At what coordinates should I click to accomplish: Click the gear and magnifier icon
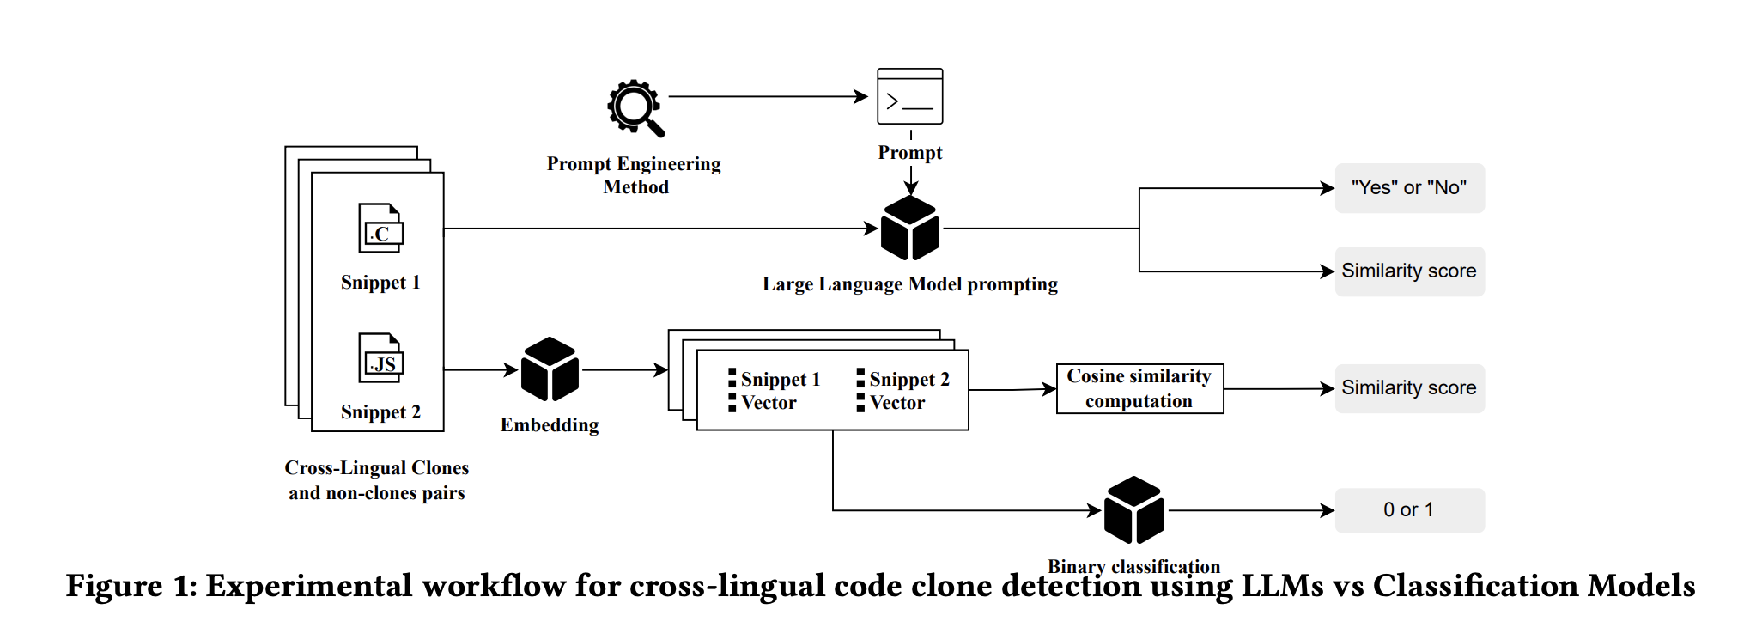pos(635,108)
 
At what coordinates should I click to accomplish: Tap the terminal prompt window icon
pos(909,96)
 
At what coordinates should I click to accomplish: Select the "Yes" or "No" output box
pos(1408,188)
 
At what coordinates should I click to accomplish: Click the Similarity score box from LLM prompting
pos(1408,271)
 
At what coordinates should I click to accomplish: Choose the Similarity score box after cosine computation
pos(1408,388)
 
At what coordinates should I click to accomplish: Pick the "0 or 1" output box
pos(1408,510)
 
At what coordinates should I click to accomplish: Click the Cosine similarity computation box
pos(1139,389)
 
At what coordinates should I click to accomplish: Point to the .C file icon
pos(380,229)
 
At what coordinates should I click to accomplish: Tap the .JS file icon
pos(380,358)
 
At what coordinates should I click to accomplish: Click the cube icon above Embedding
pos(550,369)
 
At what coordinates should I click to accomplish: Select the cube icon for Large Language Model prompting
pos(910,229)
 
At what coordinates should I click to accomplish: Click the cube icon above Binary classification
pos(1133,510)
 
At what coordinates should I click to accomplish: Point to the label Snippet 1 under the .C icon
pos(380,283)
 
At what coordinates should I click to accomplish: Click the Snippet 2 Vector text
pos(907,391)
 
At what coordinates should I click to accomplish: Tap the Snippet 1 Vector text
pos(778,391)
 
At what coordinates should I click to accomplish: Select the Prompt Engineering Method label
pos(634,175)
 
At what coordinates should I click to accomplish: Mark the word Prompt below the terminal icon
pos(909,153)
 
